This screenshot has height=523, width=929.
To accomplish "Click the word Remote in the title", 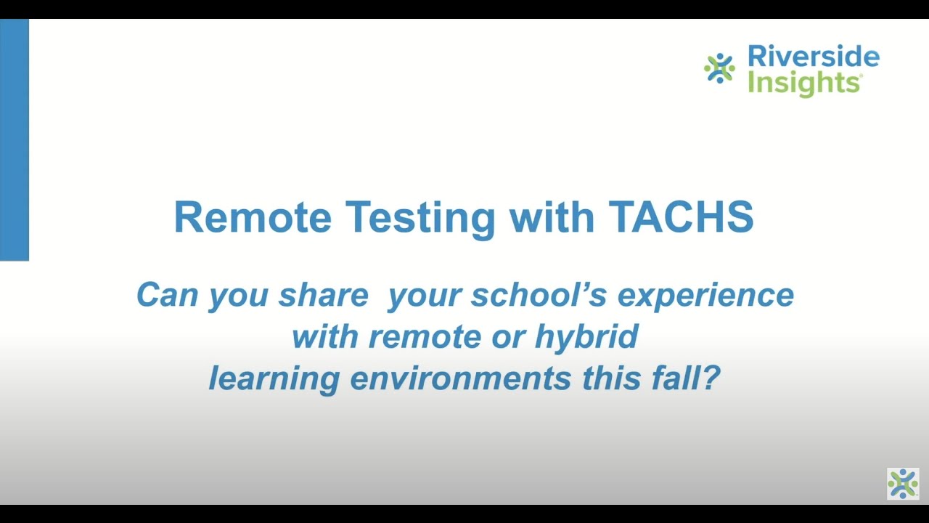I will click(252, 217).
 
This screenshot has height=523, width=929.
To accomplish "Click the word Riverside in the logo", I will click(813, 57).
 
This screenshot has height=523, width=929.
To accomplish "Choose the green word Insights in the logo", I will click(804, 83).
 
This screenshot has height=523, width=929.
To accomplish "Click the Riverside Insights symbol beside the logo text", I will click(719, 68).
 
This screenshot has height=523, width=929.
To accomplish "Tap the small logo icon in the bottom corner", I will click(903, 484).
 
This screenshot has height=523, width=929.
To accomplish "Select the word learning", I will click(274, 378).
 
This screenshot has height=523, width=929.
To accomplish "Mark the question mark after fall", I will click(711, 378).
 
